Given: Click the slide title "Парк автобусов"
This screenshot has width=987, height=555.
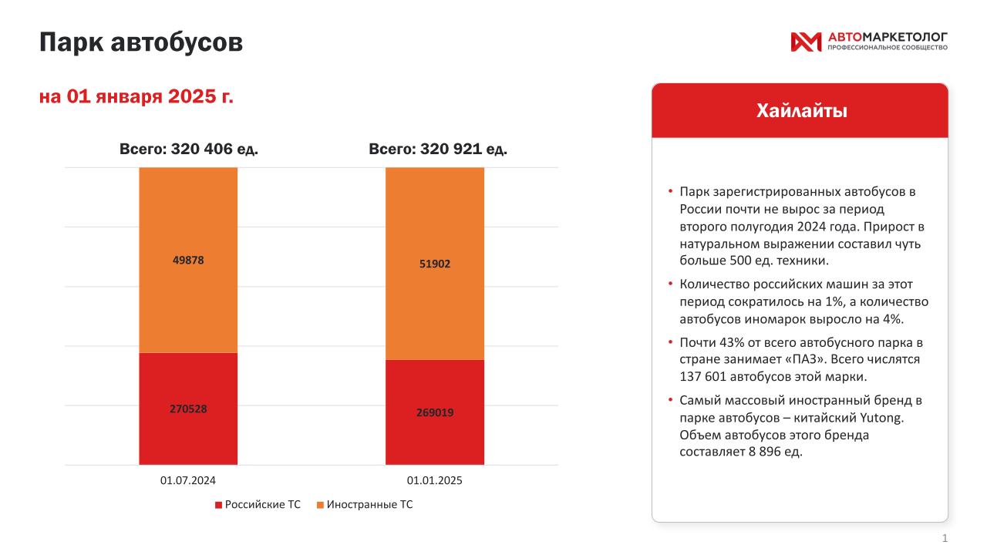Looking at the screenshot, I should (x=141, y=42).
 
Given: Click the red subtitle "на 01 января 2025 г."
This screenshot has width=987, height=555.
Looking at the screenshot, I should (x=136, y=96).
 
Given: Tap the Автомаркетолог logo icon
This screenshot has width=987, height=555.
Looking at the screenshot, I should (x=806, y=42).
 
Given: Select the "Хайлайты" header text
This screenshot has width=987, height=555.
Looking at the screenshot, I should (x=801, y=111).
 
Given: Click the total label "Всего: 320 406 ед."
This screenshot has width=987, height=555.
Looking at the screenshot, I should (x=188, y=149).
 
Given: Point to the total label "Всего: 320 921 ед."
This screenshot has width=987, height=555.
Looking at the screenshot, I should (x=437, y=149).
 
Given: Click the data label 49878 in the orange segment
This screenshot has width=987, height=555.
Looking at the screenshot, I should (x=188, y=260).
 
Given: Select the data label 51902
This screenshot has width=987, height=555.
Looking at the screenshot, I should (x=435, y=264).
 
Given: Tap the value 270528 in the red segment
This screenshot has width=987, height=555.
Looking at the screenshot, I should (x=188, y=409).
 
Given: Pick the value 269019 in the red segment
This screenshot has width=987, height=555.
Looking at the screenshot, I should (x=435, y=412).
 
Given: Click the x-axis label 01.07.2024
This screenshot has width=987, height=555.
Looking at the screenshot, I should (x=188, y=480).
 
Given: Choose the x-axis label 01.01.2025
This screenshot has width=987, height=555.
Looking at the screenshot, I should (x=435, y=480).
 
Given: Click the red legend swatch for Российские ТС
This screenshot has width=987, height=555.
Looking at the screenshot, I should (x=218, y=505).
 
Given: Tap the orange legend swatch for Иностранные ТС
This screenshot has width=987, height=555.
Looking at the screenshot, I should (x=320, y=505).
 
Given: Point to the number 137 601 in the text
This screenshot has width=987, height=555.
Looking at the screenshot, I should (x=706, y=377).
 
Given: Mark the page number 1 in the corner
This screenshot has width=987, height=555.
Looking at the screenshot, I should (x=945, y=538).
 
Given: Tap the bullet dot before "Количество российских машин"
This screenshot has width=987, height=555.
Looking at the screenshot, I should (x=670, y=283).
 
